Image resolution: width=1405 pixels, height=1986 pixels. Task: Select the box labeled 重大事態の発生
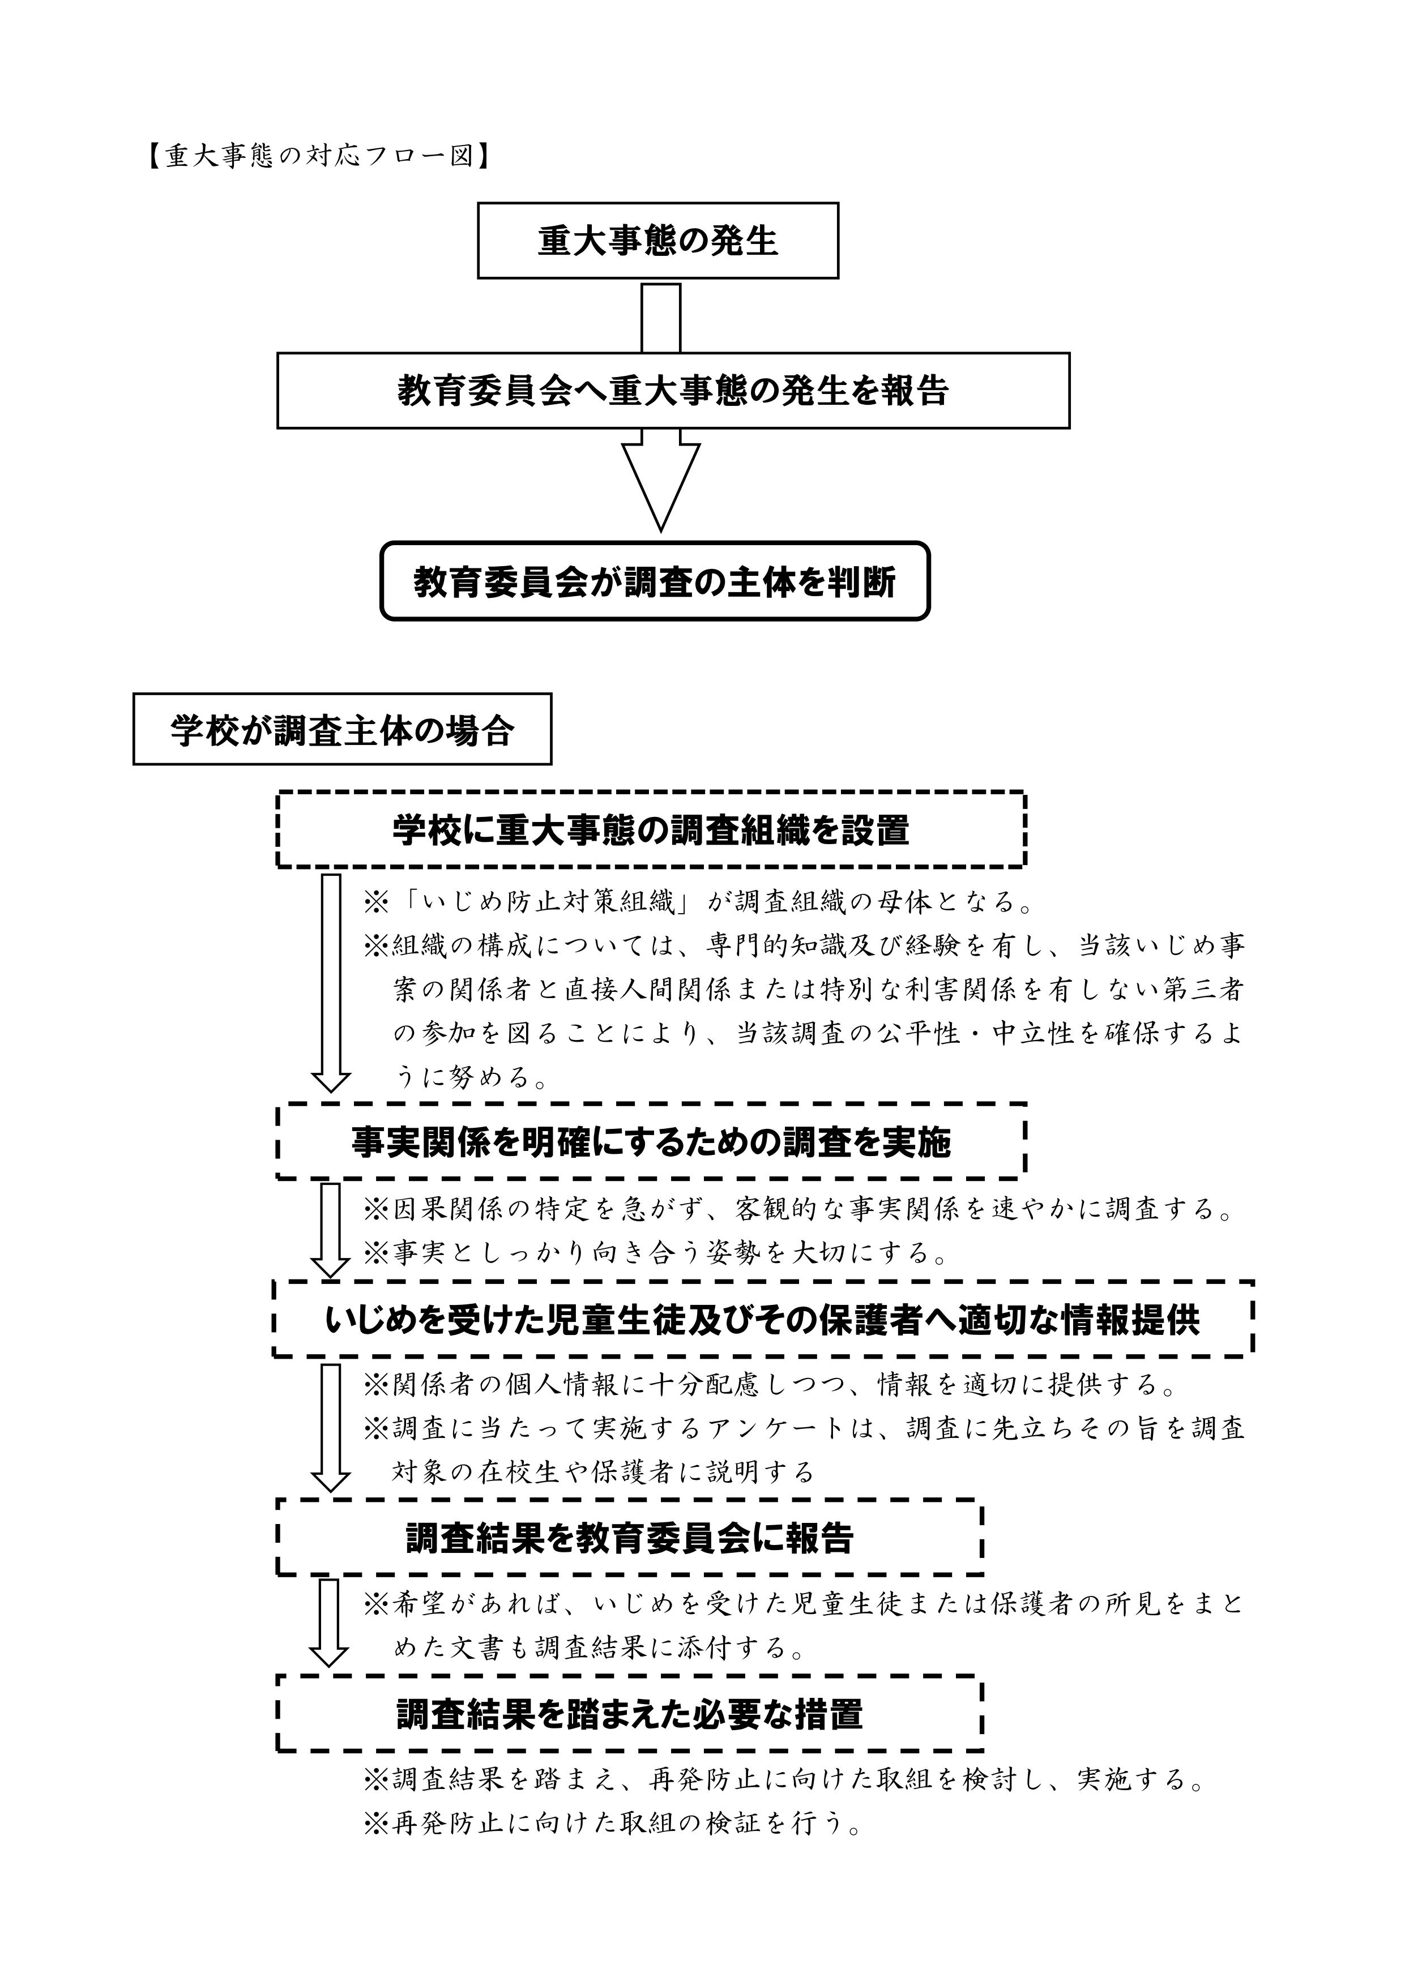(x=659, y=241)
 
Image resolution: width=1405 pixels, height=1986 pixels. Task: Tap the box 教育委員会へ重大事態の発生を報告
(x=673, y=390)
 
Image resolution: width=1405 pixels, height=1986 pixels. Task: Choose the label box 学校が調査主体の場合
(x=343, y=729)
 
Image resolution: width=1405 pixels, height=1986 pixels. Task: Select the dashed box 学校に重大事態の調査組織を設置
(x=651, y=829)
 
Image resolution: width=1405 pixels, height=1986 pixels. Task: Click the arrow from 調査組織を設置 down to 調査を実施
(x=331, y=983)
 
